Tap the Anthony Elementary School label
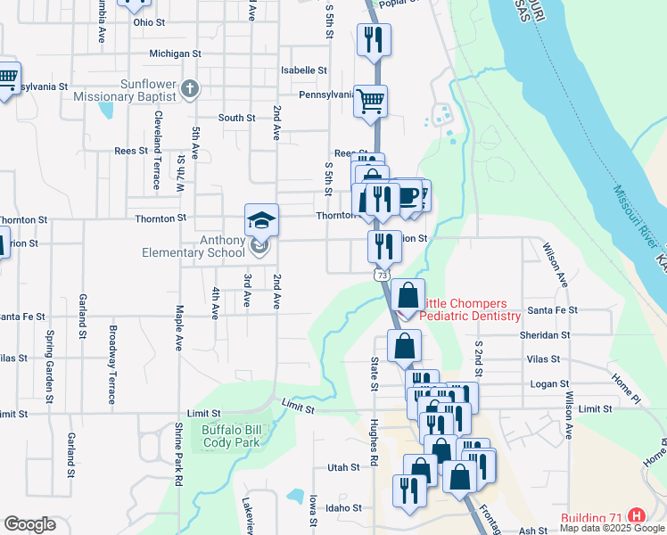click(193, 246)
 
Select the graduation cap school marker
click(262, 219)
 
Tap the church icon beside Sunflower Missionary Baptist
click(189, 89)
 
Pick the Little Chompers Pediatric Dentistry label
click(470, 310)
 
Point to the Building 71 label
click(592, 517)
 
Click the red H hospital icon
click(636, 516)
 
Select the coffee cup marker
click(408, 195)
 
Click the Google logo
click(29, 524)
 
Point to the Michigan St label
click(175, 53)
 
